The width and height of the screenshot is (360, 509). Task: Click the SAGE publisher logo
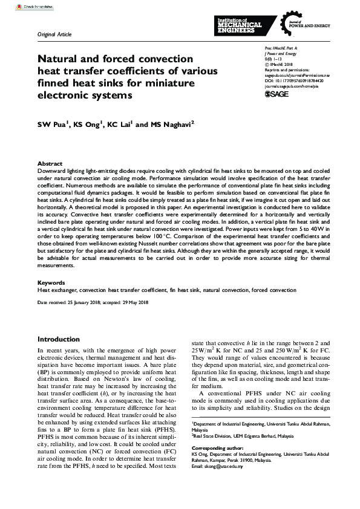(277, 94)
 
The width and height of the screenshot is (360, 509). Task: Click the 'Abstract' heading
(50, 164)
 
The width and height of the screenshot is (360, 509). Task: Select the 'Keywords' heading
(51, 283)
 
